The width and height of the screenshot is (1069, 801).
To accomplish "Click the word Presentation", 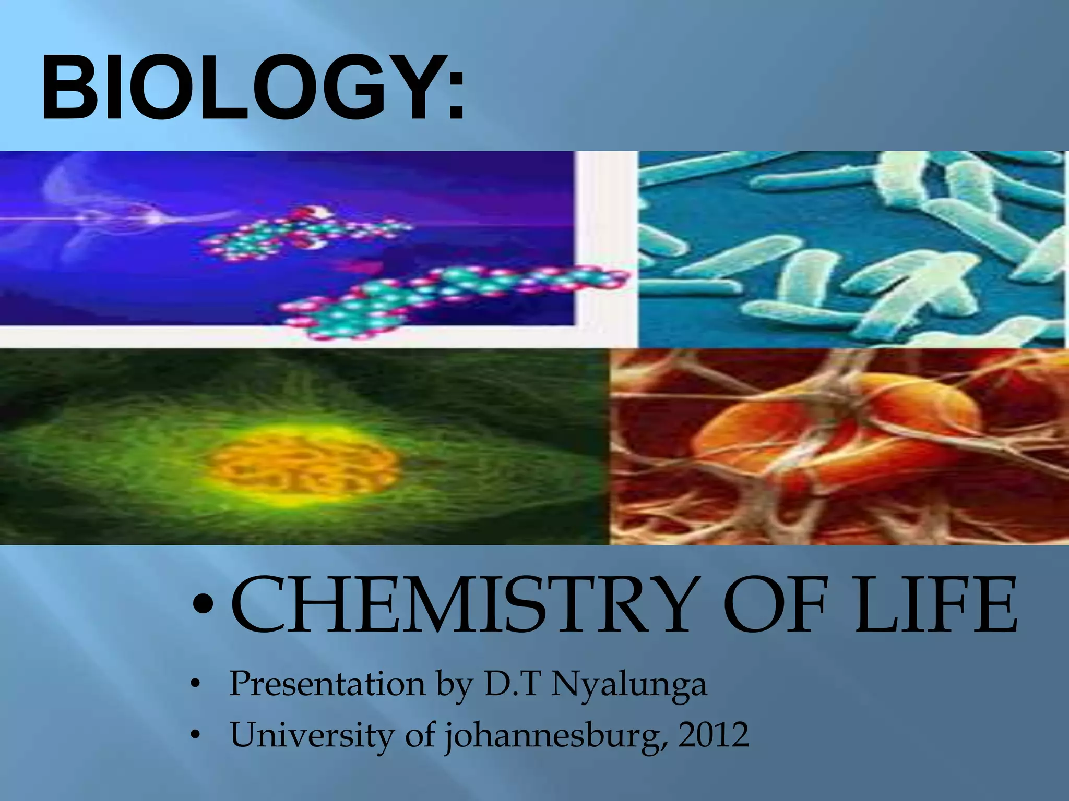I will click(x=327, y=684).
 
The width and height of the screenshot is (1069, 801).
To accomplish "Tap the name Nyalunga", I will click(x=628, y=685).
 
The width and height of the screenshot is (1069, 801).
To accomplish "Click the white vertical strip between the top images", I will click(x=607, y=245).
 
